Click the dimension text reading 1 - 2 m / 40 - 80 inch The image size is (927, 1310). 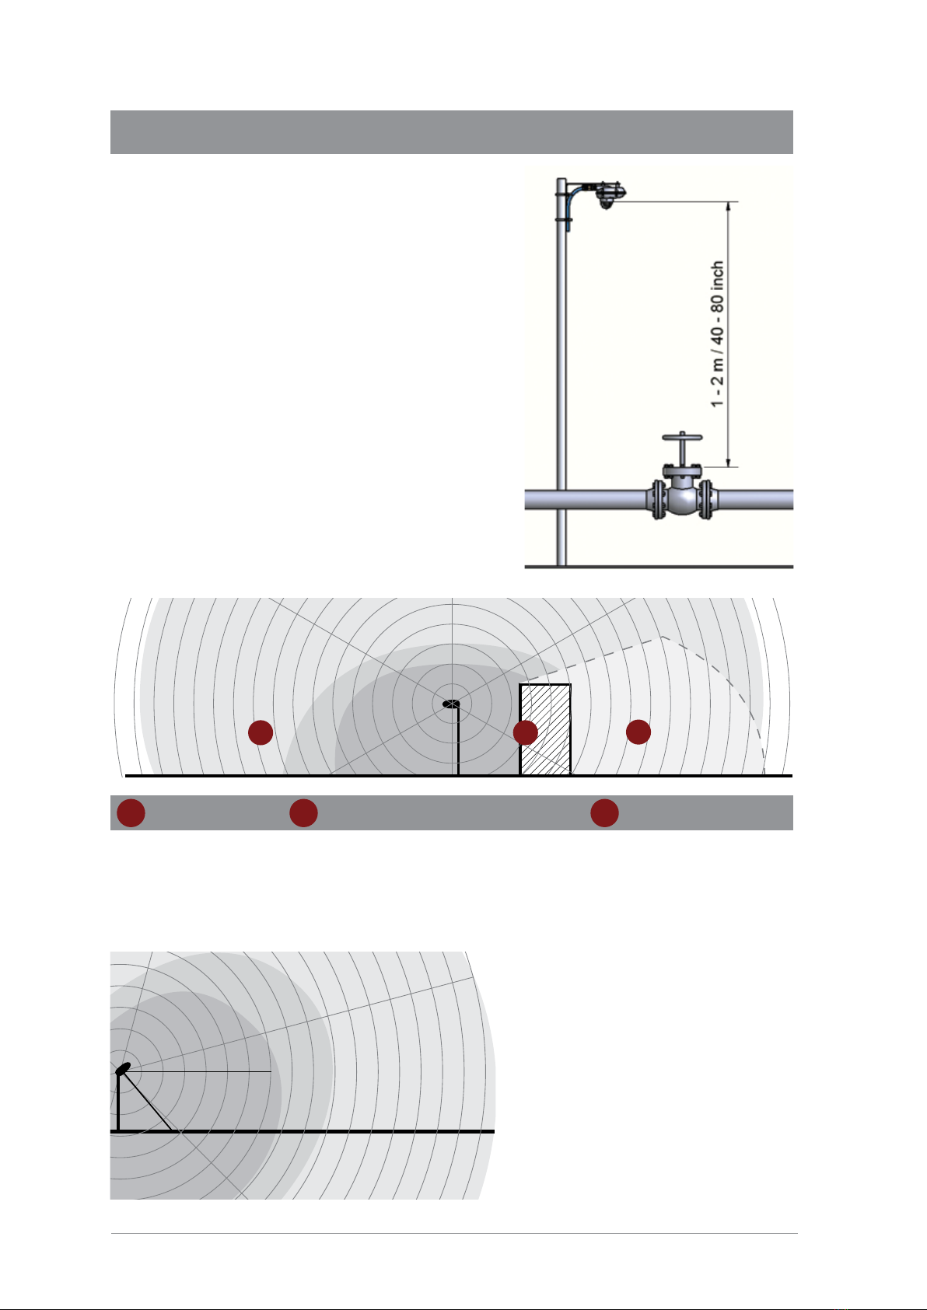tap(718, 334)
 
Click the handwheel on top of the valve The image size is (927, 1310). tap(682, 437)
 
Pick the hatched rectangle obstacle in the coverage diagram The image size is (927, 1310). tap(545, 729)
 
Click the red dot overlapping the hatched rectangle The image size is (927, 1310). tap(525, 732)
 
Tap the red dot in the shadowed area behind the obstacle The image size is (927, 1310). tap(638, 732)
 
